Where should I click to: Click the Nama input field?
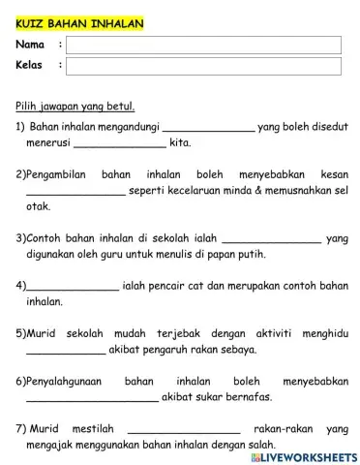[203, 45]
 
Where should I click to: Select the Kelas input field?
[203, 65]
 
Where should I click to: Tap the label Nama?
[31, 45]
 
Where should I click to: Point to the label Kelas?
[31, 65]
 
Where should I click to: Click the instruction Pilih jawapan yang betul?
[75, 107]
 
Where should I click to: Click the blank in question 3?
[272, 236]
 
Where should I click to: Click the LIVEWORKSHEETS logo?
[303, 455]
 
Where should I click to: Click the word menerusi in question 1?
[47, 143]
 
